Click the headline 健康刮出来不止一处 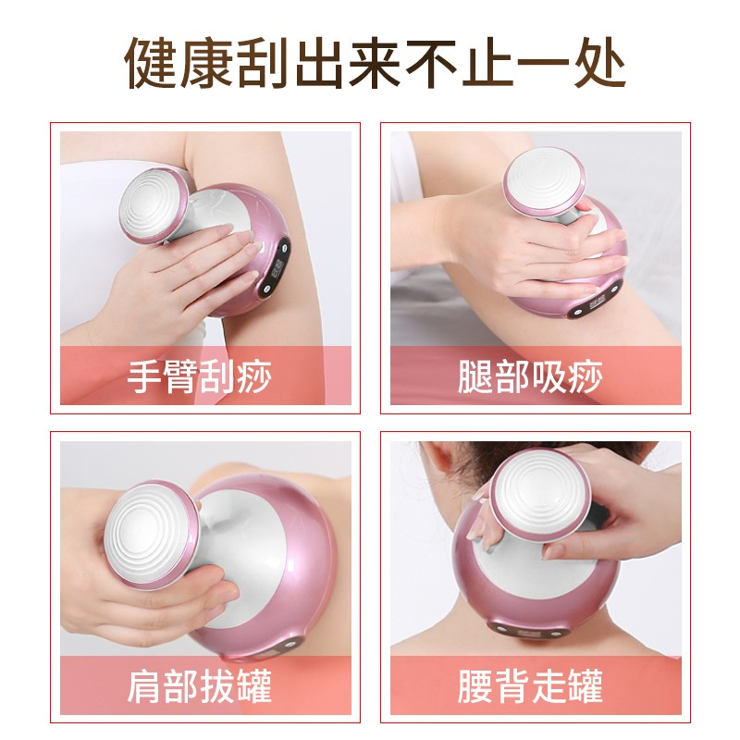tap(376, 63)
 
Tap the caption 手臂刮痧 tap(200, 376)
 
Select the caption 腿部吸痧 tap(530, 376)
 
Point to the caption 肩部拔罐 tap(200, 685)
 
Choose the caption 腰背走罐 tap(530, 685)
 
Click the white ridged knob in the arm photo tap(150, 205)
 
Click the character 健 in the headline tap(151, 63)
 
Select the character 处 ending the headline tap(600, 63)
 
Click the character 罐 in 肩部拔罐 tap(255, 685)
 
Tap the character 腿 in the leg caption tap(475, 376)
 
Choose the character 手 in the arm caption tap(145, 376)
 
